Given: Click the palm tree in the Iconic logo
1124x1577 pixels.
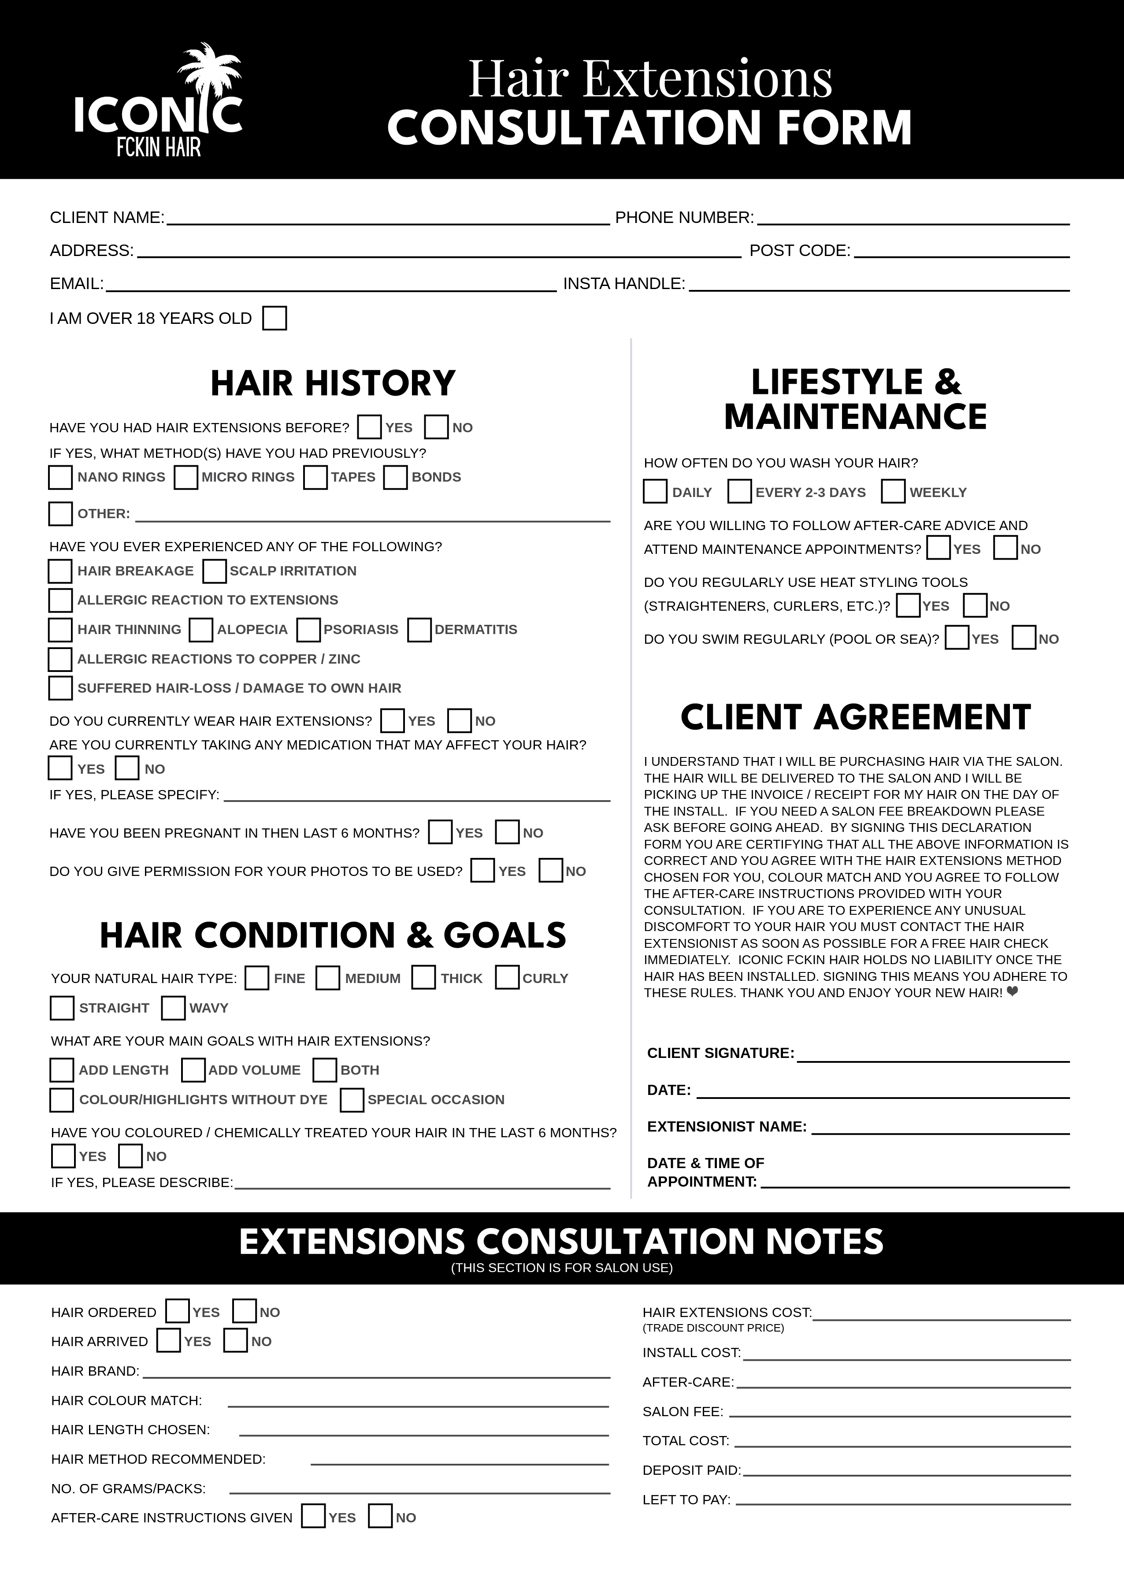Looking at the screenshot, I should coord(208,76).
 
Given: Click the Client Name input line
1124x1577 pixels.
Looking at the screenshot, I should coord(388,219).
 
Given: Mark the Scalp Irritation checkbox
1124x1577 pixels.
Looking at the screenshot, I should coord(215,571).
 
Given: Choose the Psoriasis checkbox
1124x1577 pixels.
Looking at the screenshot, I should coord(309,630).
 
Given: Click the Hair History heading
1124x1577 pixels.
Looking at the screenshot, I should coord(333,383).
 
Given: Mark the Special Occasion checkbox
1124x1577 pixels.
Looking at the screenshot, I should coord(352,1099).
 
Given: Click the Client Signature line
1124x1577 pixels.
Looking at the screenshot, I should coord(933,1057).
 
